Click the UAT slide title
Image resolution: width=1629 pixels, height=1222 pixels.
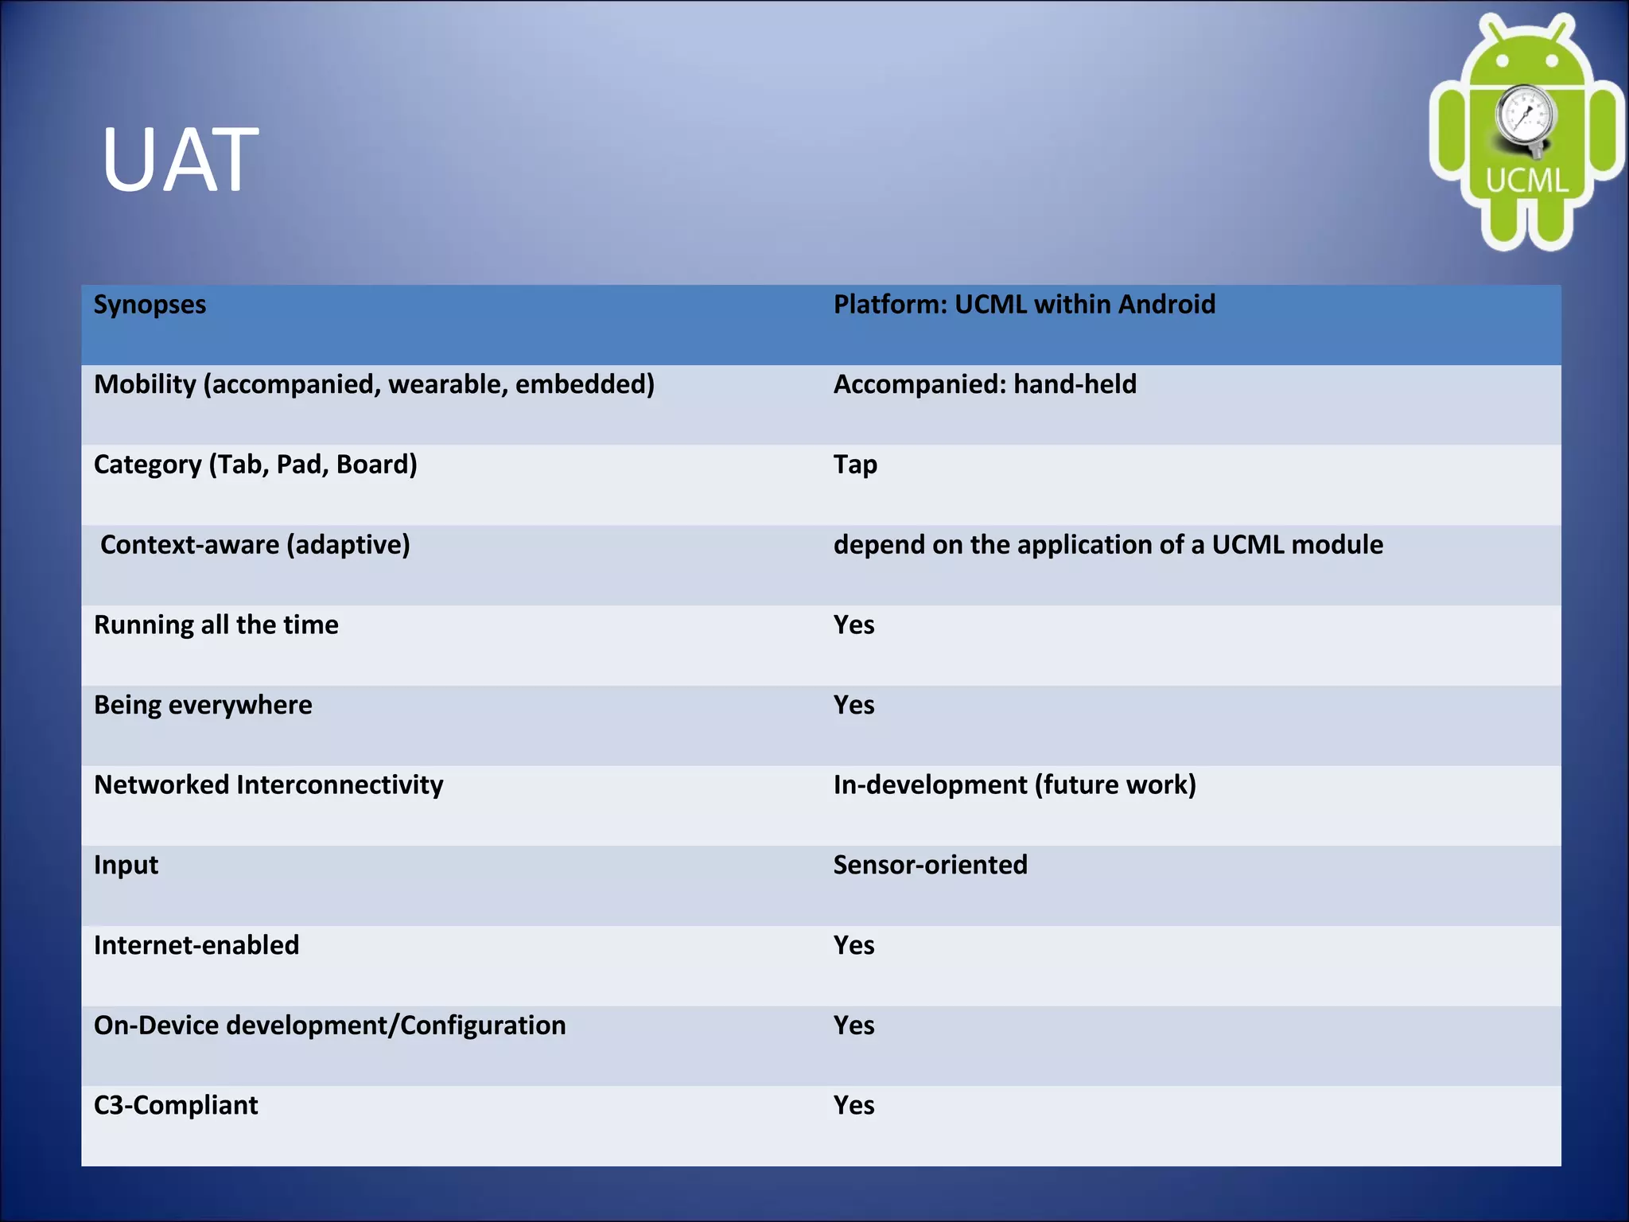coord(180,161)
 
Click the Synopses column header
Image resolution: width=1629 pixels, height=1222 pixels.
coord(150,305)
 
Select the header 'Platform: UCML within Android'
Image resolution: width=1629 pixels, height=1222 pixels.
coord(1024,305)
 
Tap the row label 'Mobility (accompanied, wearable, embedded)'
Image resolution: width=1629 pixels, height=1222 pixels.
coord(374,385)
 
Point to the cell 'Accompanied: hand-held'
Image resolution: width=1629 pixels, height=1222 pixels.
coord(985,385)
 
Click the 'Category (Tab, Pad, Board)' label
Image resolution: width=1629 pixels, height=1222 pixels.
coord(255,465)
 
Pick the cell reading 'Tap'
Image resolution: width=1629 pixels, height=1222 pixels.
coord(855,465)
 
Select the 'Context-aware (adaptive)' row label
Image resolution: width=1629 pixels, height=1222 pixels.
coord(255,545)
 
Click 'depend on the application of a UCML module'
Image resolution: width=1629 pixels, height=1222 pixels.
coord(1108,545)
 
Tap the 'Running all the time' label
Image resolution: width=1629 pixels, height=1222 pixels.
coord(216,625)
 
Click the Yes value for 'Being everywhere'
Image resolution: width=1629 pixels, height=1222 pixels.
coord(853,705)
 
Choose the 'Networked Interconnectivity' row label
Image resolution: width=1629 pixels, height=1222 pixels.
coord(269,785)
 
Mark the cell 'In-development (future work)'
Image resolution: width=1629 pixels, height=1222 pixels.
coord(1014,785)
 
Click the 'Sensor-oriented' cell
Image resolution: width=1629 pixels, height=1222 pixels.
coord(930,865)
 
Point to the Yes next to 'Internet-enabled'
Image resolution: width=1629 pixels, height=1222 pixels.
coord(853,945)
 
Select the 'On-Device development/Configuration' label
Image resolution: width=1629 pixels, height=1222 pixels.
coord(330,1025)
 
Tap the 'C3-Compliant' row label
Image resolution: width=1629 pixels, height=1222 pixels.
coord(176,1105)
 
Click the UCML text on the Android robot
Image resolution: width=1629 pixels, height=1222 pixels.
coord(1526,181)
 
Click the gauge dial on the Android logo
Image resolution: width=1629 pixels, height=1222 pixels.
coord(1524,116)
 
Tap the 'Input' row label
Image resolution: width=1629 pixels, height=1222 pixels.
coord(126,865)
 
